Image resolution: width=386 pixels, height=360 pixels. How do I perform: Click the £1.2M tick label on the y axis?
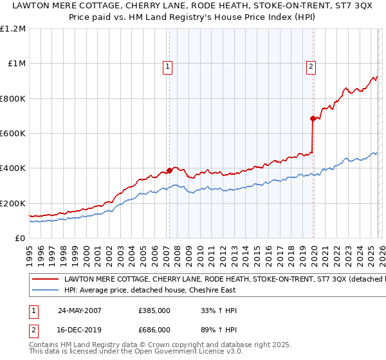coord(14,29)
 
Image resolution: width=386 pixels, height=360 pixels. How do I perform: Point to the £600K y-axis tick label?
coord(13,134)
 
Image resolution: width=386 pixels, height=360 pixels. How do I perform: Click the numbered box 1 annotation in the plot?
coord(168,66)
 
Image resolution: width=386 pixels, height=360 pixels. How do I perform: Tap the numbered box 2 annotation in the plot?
coord(311,66)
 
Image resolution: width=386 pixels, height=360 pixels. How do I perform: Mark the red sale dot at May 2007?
coord(170,171)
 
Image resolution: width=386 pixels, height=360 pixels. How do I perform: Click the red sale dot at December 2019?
coord(313,118)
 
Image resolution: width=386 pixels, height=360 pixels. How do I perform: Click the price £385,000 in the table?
coord(154,310)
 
